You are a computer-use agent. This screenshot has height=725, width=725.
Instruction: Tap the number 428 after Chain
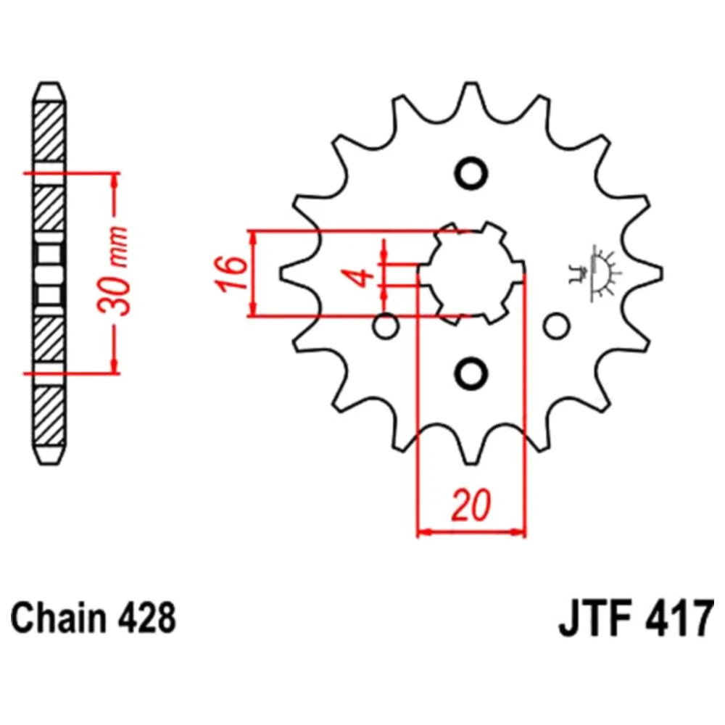pos(147,618)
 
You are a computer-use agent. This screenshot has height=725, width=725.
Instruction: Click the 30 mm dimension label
pos(113,271)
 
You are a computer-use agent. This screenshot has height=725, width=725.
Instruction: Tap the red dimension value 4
pos(362,276)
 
